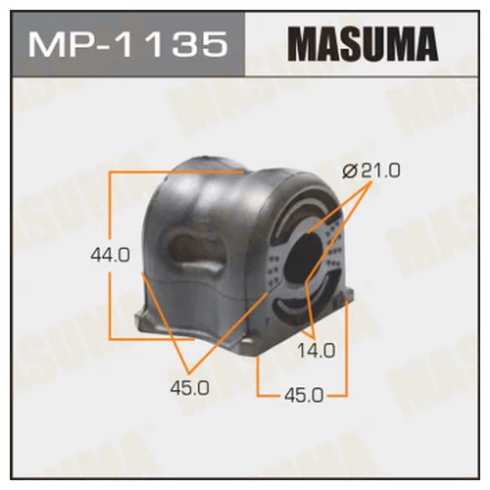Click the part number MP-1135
122,45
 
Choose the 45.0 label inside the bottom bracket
304,394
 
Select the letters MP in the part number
54,45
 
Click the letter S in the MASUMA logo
351,44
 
